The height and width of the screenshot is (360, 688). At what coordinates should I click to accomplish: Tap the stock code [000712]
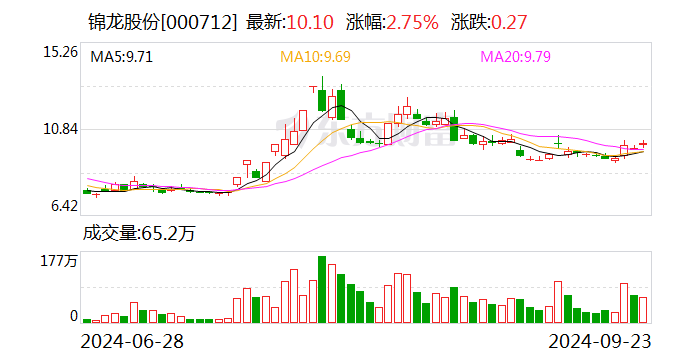point(204,22)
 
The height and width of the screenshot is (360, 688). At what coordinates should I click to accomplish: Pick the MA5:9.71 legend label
point(121,57)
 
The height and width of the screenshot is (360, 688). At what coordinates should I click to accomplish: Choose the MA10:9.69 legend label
point(315,57)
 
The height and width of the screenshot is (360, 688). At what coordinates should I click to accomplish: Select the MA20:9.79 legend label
point(515,57)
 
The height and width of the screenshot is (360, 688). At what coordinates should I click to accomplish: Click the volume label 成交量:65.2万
point(139,235)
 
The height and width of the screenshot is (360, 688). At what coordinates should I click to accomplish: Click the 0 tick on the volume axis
point(73,316)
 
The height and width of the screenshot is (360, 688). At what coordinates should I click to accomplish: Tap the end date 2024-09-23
point(591,341)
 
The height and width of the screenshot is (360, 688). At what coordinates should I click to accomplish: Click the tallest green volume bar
point(322,290)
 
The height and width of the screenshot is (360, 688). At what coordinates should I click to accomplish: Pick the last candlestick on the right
point(644,146)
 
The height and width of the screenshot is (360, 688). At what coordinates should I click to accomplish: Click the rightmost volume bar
point(644,310)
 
